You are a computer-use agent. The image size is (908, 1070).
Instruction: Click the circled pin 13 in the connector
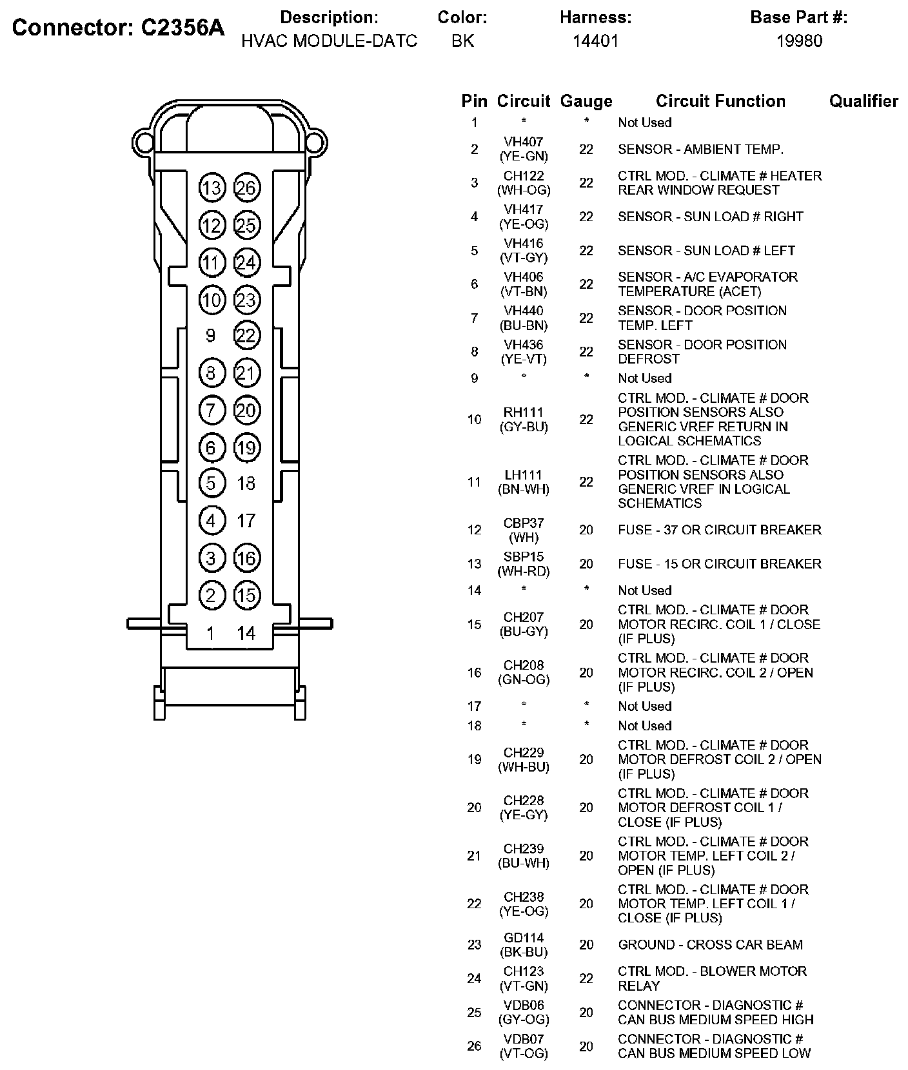tap(211, 188)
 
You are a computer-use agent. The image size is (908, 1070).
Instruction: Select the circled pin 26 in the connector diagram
tap(246, 188)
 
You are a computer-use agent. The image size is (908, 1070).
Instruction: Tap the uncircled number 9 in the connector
tap(210, 335)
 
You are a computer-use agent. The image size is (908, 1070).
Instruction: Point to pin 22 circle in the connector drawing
tap(246, 335)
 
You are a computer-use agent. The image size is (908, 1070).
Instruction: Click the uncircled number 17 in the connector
tap(246, 520)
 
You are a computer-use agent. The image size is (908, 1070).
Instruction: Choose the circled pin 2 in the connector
tap(211, 595)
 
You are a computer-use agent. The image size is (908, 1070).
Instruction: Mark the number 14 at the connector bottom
tap(246, 634)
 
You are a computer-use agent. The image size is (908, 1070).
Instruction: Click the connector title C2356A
tap(119, 28)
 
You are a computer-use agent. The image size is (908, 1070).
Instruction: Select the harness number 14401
tap(595, 41)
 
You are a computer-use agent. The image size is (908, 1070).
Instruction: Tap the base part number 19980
tap(799, 41)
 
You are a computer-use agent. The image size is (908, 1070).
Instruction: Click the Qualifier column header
tap(864, 101)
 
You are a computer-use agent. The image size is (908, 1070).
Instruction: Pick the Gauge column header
tap(586, 101)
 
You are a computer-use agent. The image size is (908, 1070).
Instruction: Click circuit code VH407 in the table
tap(524, 142)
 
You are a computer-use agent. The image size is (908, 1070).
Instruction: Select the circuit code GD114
tap(524, 938)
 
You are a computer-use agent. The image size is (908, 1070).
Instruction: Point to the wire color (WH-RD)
tap(524, 571)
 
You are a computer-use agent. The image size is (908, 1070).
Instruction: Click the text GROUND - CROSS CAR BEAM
tap(710, 945)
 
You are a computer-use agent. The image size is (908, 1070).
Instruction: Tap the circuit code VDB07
tap(524, 1039)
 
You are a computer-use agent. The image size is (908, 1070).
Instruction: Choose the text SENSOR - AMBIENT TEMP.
tap(700, 150)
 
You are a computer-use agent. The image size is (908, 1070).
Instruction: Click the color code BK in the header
tap(462, 41)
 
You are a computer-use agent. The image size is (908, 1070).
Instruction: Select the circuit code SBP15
tap(524, 556)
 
